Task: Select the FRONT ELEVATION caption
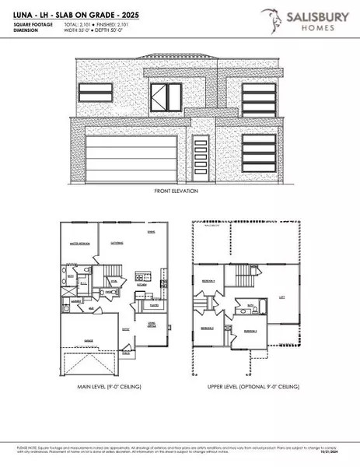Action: [x=177, y=191]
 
